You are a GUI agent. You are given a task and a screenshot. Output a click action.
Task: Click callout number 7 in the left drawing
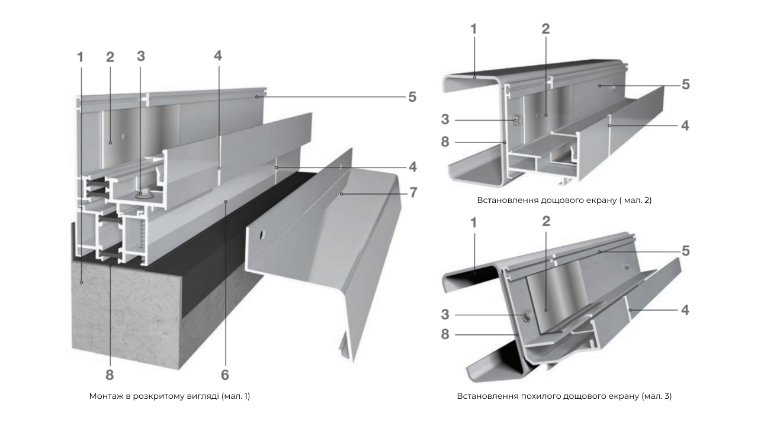point(413,192)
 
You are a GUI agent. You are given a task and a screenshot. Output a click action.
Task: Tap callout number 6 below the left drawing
point(225,375)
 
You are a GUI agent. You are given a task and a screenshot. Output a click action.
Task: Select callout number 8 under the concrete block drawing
point(110,375)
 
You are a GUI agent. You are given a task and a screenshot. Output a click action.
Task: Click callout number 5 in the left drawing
point(412,97)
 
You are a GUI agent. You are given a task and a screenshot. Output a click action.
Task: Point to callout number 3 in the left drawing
point(141,56)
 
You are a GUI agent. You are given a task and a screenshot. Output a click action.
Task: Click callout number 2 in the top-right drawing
point(545,29)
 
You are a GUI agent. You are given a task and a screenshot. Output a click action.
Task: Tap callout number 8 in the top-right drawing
point(445,142)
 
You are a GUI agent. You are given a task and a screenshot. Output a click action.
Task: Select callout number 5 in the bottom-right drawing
point(686,251)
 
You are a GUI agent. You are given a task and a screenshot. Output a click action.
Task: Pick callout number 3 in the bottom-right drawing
point(445,315)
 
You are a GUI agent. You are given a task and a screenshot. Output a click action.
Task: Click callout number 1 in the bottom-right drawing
point(473,223)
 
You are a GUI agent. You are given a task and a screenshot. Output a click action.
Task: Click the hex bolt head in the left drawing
point(140,193)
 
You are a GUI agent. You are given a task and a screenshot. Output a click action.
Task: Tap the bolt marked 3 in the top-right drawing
point(516,120)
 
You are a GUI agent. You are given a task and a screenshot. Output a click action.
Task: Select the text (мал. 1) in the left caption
point(236,396)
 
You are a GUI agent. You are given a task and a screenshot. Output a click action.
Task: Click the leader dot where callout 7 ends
point(341,194)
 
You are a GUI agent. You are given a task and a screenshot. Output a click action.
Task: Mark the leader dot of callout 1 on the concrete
point(81,282)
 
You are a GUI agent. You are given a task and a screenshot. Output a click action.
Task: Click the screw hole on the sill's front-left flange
point(262,234)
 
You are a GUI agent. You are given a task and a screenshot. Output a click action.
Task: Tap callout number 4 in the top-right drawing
point(685,125)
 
